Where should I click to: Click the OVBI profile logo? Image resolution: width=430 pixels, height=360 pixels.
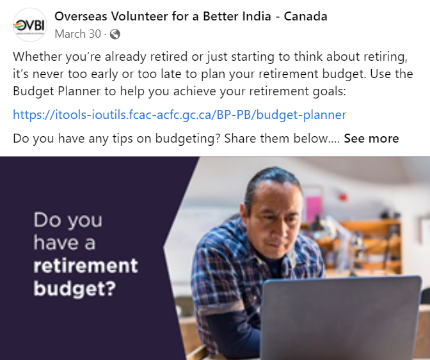click(30, 25)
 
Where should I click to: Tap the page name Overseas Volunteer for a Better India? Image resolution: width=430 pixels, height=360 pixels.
click(163, 16)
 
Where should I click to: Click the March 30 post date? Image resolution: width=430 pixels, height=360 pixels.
click(78, 34)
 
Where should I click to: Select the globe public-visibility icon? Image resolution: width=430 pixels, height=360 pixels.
click(115, 35)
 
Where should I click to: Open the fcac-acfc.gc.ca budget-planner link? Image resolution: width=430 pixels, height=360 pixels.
click(180, 114)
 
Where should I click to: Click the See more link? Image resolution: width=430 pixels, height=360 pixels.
click(371, 138)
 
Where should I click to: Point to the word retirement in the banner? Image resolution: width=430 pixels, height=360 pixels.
click(86, 265)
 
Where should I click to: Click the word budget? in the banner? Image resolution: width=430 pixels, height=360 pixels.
click(75, 289)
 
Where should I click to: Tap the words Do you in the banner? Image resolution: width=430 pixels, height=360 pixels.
click(68, 221)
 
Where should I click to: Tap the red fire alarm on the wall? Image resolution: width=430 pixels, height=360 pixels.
click(342, 197)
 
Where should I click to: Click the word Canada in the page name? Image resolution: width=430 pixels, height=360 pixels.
click(305, 16)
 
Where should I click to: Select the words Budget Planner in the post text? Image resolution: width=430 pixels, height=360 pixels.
click(57, 91)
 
